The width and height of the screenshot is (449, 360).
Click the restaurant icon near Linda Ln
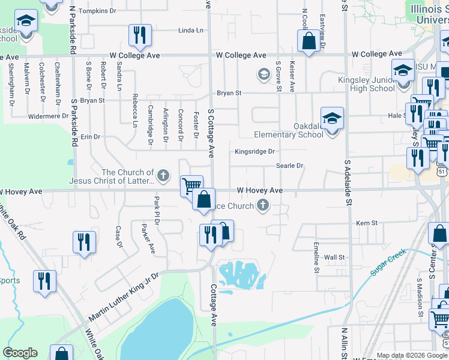[x=140, y=35]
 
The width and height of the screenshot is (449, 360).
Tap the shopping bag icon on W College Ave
[x=309, y=41]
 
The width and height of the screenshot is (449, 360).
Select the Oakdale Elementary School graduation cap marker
[x=332, y=119]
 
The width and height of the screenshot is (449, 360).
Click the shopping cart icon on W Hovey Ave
[x=191, y=185]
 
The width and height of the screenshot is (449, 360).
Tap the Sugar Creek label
[x=388, y=264]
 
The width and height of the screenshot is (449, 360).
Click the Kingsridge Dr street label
[x=255, y=152]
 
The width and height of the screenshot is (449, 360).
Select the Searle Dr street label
[x=290, y=166]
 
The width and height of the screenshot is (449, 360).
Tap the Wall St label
[x=334, y=257]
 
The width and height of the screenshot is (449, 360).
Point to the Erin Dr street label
[x=91, y=137]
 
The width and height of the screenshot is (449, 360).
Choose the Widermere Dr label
[x=49, y=116]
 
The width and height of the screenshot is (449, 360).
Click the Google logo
[x=20, y=353]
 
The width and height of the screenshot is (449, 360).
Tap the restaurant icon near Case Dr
[x=84, y=242]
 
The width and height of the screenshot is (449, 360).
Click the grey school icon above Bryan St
[x=263, y=74]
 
